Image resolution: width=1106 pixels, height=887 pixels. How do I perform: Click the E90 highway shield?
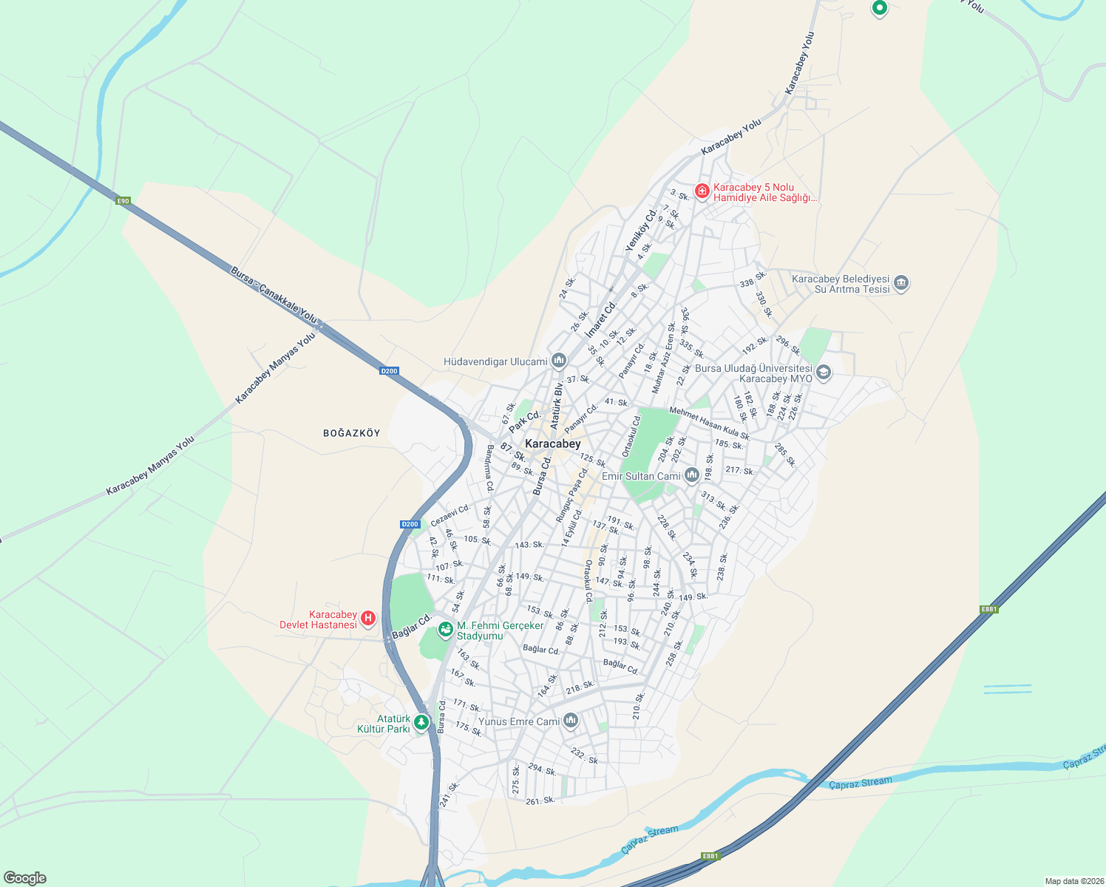123,200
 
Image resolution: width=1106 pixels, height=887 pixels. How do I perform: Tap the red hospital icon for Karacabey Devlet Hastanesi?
368,619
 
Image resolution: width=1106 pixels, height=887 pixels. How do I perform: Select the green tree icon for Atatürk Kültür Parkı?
421,722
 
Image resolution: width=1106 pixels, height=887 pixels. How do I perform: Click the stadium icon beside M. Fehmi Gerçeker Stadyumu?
445,630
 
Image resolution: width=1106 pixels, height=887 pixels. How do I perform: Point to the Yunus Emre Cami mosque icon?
570,721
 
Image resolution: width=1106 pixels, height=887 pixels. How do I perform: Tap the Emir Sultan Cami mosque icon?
691,475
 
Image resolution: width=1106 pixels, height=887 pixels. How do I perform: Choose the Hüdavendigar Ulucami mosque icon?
558,361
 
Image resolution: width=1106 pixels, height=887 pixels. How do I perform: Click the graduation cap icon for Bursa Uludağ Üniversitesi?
824,373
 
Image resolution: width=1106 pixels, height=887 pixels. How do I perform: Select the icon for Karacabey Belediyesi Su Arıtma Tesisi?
900,283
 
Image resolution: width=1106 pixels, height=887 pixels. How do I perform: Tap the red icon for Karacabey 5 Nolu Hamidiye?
702,191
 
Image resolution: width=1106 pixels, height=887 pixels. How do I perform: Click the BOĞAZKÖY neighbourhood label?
352,433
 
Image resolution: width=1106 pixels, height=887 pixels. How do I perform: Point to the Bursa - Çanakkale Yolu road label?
274,294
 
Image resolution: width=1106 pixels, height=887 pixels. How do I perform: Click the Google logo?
25,877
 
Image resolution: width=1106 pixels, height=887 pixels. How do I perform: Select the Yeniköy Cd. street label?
641,229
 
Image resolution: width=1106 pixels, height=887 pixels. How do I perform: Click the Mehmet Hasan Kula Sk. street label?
710,424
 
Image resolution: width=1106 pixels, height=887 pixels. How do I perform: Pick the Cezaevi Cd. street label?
450,514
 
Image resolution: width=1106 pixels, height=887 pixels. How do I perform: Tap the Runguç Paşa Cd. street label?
572,495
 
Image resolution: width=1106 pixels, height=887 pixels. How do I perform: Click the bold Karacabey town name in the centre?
552,443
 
